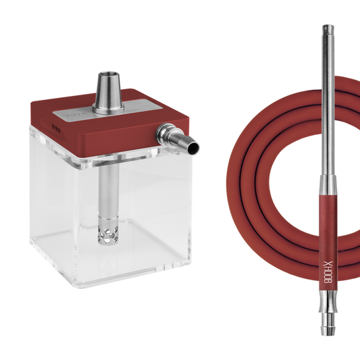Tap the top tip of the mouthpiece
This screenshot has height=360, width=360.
(328, 26)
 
